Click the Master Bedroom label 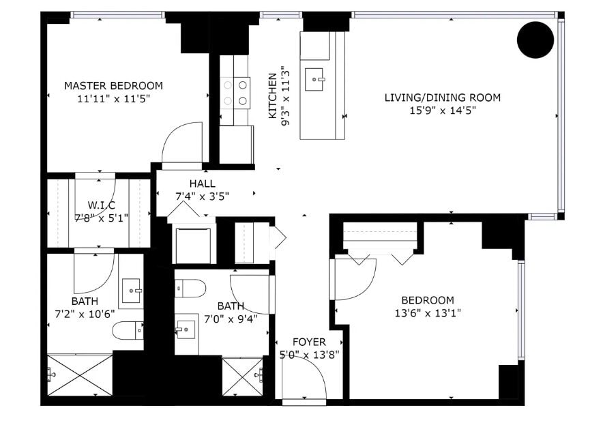click(113, 85)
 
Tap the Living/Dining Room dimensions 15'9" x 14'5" click(443, 111)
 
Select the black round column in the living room click(535, 40)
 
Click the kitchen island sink click(314, 80)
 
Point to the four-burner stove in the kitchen click(235, 93)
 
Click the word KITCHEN click(272, 96)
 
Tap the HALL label click(203, 184)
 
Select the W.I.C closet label click(101, 205)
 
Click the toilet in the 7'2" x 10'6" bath click(128, 331)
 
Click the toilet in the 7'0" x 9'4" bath click(190, 289)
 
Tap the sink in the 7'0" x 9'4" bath click(186, 329)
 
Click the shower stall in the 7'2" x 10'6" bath click(80, 375)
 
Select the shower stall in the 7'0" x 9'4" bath click(243, 377)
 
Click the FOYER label click(309, 342)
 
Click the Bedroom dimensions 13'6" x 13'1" click(428, 313)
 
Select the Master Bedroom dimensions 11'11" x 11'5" click(113, 99)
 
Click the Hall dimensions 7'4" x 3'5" click(203, 196)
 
